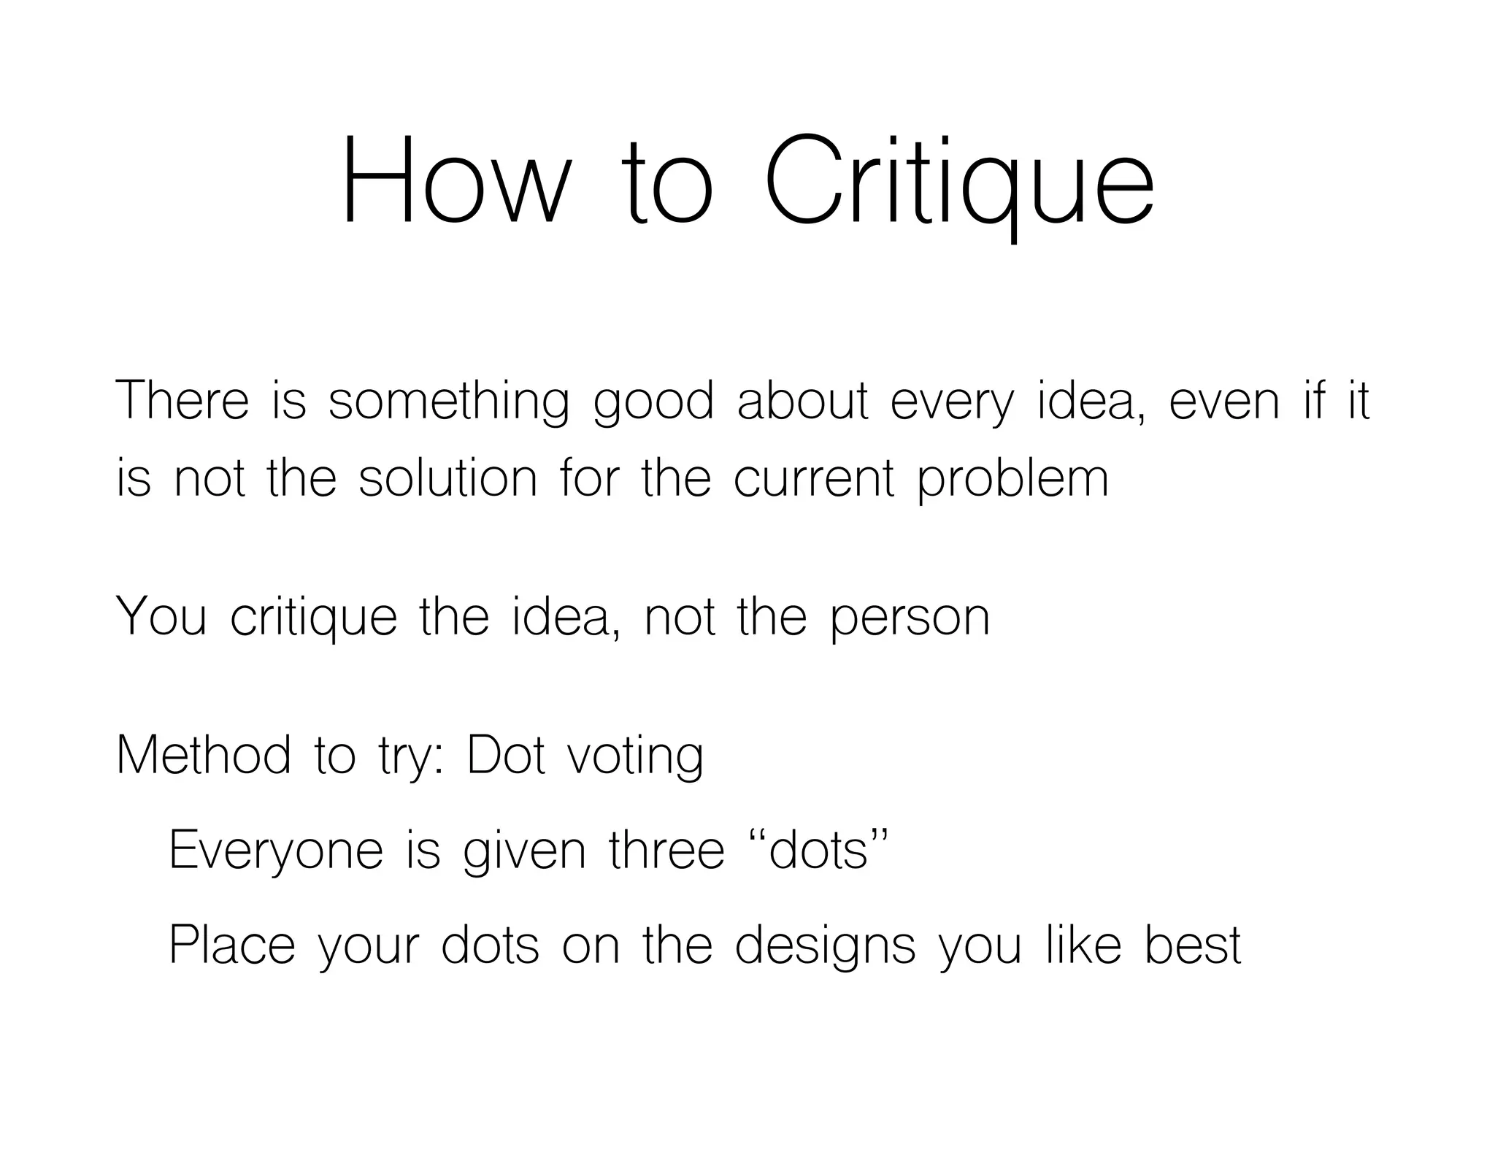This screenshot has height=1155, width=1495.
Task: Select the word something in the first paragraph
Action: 447,403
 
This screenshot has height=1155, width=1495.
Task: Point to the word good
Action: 653,403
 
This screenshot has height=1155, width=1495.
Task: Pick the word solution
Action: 447,479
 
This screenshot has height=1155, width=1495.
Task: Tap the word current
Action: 814,479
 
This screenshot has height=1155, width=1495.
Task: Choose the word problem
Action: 1012,480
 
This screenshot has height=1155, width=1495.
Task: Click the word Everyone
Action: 276,851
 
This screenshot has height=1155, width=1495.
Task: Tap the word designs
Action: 824,946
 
